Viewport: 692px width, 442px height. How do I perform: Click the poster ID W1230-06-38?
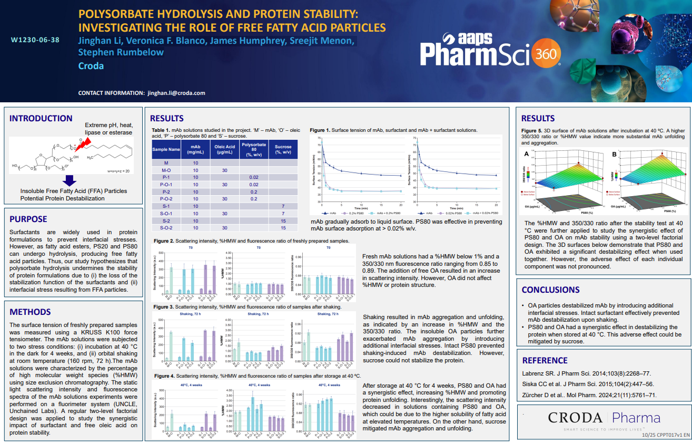35,40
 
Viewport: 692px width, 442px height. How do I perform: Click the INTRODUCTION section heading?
41,119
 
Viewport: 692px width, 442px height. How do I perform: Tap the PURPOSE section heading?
28,219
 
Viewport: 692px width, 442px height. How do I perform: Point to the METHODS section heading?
30,312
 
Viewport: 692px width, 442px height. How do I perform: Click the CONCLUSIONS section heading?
550,290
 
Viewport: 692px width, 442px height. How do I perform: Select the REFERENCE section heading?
545,360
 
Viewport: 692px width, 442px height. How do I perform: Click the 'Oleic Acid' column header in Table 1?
224,150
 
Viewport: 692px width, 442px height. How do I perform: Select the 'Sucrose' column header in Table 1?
283,150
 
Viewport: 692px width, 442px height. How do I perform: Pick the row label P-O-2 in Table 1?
166,199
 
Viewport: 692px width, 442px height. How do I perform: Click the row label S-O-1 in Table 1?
166,214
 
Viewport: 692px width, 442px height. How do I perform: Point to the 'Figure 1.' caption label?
320,130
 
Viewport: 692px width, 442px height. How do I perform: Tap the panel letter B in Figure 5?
615,154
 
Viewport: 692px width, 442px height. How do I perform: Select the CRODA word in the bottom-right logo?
575,418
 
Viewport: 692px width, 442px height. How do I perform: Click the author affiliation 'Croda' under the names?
91,66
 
